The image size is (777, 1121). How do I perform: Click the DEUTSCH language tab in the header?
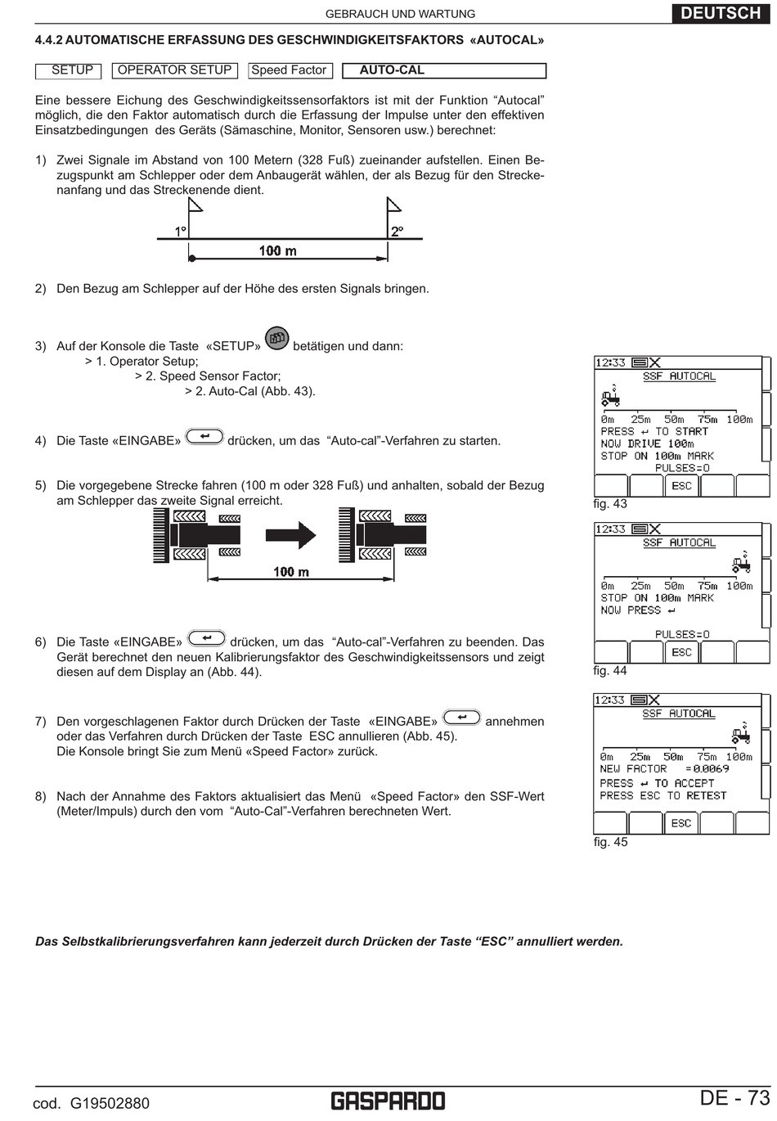point(721,12)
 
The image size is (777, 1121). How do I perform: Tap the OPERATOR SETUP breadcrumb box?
point(174,70)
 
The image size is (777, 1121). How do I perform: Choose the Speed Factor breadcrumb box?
point(289,70)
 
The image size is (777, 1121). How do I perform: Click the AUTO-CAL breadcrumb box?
point(443,70)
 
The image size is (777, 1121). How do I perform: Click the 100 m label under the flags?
point(278,250)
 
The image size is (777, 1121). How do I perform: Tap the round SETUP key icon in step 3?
point(277,338)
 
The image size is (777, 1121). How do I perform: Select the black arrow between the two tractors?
point(291,536)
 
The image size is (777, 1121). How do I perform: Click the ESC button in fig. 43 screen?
point(681,485)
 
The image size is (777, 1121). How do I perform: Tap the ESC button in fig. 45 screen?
point(681,822)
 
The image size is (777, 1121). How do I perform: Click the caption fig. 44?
point(610,671)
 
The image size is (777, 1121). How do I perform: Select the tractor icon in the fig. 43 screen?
point(610,398)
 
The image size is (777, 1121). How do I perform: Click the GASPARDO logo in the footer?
point(388,1101)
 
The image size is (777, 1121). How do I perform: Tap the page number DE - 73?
point(734,1097)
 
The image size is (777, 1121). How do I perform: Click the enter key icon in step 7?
point(461,717)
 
